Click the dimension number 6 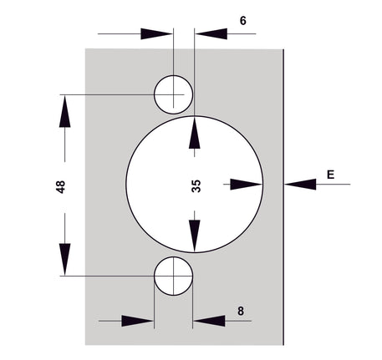tap(243, 21)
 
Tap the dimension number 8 tap(241, 311)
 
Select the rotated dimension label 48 tap(60, 187)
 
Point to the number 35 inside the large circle tap(196, 186)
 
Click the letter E tap(330, 175)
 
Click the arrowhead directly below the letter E tap(300, 184)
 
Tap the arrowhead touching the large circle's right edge tap(247, 184)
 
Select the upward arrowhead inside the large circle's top tap(195, 133)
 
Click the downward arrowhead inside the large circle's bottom tap(195, 236)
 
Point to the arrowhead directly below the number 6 tap(211, 33)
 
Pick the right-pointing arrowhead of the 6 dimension tap(156, 33)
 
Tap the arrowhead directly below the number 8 tap(209, 321)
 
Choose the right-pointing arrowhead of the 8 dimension tap(138, 321)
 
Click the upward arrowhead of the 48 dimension tap(64, 111)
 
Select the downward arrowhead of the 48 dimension tap(64, 260)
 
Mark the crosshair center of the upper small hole tap(173, 94)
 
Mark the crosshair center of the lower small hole tap(173, 276)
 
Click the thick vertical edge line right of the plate tap(283, 197)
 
